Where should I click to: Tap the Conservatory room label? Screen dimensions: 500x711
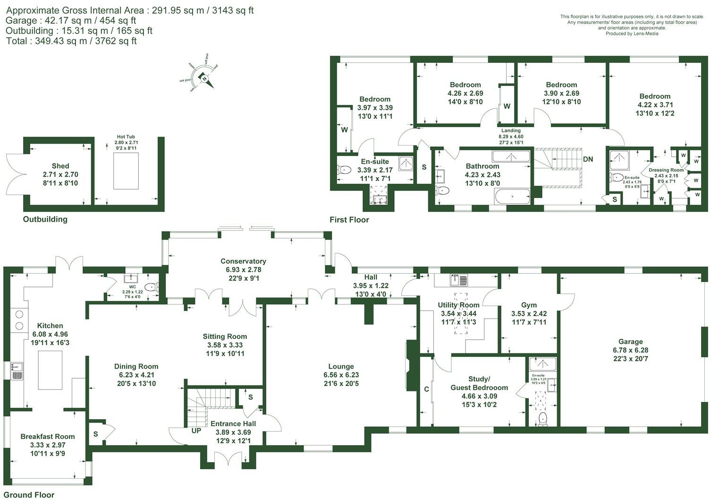[x=243, y=261]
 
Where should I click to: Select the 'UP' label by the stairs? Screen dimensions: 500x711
[x=196, y=431]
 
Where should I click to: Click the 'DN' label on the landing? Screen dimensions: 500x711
[x=588, y=159]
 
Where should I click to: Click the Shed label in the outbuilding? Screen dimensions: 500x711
[x=60, y=166]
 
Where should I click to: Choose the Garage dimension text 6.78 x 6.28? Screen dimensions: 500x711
[x=630, y=350]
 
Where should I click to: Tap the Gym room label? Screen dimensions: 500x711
[x=529, y=305]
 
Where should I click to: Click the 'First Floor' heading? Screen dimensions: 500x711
[x=349, y=220]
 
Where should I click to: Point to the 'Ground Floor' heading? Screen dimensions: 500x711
[x=29, y=495]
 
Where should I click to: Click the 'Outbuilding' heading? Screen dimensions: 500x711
[x=45, y=219]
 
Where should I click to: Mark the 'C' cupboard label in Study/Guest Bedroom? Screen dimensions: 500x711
[x=426, y=389]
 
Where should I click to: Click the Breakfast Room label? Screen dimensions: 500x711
[x=48, y=437]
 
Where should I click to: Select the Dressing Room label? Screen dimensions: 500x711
[x=666, y=170]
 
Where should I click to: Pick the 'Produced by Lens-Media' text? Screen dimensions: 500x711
[x=632, y=34]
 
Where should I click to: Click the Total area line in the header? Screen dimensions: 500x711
[x=71, y=41]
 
